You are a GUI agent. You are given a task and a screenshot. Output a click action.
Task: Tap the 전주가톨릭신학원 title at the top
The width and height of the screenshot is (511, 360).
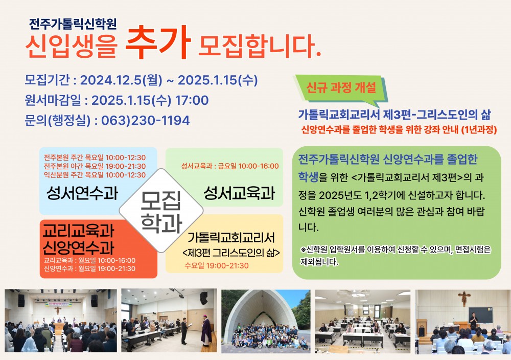[x=73, y=24]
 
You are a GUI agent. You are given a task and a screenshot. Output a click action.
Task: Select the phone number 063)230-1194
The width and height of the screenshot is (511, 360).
[x=145, y=121]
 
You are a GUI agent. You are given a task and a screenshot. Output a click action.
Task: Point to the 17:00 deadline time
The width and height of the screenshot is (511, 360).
[x=192, y=100]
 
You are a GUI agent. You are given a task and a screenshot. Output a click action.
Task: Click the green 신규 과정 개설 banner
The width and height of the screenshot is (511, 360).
[x=341, y=88]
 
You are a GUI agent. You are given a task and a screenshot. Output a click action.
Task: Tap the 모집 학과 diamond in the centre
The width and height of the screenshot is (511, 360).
[x=161, y=211]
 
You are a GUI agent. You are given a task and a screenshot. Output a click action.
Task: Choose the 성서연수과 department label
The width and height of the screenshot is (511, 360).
[x=82, y=193]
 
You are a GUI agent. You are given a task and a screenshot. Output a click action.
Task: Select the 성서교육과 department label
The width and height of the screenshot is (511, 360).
[x=240, y=193]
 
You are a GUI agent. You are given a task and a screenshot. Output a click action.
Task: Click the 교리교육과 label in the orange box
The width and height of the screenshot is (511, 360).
[x=79, y=231]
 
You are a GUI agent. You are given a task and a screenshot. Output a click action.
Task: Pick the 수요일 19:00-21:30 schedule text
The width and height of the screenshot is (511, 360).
[x=216, y=266]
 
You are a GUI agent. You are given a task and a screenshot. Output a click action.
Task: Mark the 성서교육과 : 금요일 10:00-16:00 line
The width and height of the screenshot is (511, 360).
[x=230, y=166]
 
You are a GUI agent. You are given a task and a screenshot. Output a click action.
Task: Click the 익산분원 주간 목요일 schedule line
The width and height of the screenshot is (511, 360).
[x=95, y=175]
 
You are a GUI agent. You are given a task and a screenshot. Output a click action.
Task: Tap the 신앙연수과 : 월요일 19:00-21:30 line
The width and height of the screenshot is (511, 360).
[x=89, y=268]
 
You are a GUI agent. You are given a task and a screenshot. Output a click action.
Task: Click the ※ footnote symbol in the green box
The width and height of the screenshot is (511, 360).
[x=304, y=250]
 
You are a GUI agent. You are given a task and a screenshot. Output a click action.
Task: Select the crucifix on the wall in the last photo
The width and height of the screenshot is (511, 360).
[x=464, y=299]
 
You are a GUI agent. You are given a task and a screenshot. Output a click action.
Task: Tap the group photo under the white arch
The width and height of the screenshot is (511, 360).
[x=266, y=321]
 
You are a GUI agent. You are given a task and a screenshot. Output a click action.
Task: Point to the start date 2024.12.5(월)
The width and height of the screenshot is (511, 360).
[x=121, y=80]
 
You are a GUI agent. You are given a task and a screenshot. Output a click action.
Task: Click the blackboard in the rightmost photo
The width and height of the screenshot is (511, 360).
[x=481, y=314]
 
